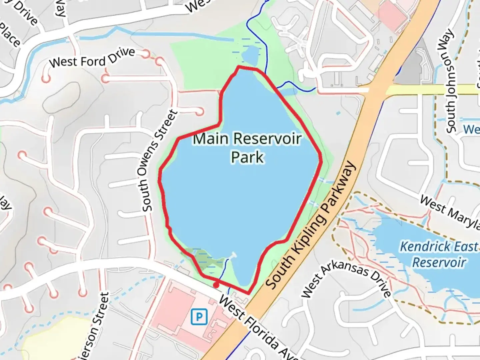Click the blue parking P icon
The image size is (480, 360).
[x=199, y=317]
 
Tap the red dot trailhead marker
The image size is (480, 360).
[x=216, y=285]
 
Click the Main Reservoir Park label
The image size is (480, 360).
[x=247, y=147]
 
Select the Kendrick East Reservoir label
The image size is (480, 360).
[x=439, y=255]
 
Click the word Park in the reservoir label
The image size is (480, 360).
[x=247, y=157]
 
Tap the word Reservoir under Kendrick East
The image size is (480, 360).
[x=439, y=262]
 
